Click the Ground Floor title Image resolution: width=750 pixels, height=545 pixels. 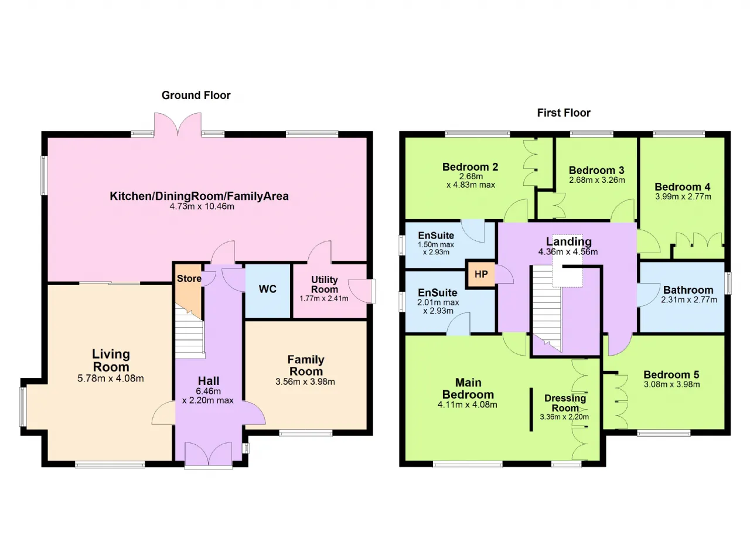(x=196, y=96)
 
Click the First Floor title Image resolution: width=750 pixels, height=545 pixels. (x=564, y=113)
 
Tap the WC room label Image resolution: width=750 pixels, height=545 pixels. (x=268, y=289)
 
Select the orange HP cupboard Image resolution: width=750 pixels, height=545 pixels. (x=481, y=274)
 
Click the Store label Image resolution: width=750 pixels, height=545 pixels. (x=189, y=278)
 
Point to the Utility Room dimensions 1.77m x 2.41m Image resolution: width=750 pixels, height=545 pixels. (x=324, y=298)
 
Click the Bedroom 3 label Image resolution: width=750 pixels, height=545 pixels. (x=596, y=170)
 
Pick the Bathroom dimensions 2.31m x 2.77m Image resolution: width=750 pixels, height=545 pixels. (x=688, y=299)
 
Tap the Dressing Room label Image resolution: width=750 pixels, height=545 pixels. (x=565, y=403)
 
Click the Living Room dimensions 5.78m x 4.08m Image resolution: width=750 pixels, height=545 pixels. (x=111, y=379)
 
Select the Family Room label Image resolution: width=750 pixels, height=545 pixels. (x=306, y=365)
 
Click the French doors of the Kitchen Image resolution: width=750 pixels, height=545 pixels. (x=178, y=125)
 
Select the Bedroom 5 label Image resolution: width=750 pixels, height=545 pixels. (x=671, y=374)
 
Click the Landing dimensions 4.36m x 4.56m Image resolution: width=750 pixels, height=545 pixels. (x=568, y=252)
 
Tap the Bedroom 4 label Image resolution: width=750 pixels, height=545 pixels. (x=683, y=187)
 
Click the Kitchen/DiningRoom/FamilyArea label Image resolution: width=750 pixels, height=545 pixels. (x=199, y=196)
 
